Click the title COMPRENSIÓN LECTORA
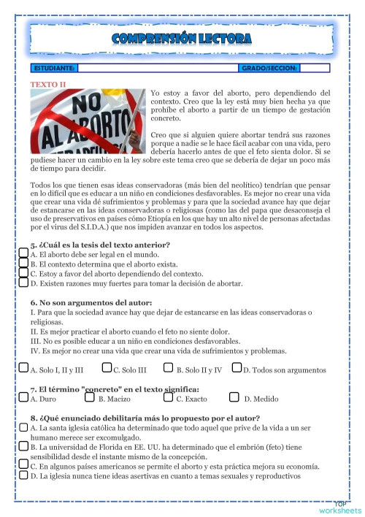pyautogui.click(x=182, y=38)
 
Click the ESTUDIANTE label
pyautogui.click(x=54, y=68)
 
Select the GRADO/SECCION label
pyautogui.click(x=269, y=68)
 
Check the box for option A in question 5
pyautogui.click(x=24, y=253)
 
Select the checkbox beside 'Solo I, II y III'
pyautogui.click(x=24, y=369)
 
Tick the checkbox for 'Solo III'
pyautogui.click(x=107, y=369)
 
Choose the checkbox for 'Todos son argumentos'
pyautogui.click(x=237, y=369)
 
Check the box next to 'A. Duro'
pyautogui.click(x=24, y=398)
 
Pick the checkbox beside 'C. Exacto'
pyautogui.click(x=169, y=398)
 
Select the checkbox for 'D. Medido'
pyautogui.click(x=234, y=398)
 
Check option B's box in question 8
pyautogui.click(x=24, y=445)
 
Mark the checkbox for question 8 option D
pyautogui.click(x=24, y=475)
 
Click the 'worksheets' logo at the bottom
pyautogui.click(x=340, y=508)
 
